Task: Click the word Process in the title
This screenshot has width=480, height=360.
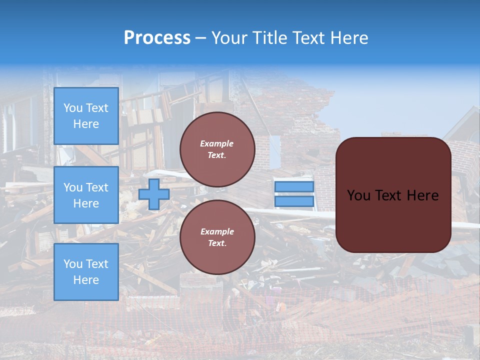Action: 157,38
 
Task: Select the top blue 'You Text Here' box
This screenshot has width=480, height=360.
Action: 86,116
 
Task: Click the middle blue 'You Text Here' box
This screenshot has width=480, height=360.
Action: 86,195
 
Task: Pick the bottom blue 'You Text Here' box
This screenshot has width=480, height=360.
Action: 86,272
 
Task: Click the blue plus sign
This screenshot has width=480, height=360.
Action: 153,194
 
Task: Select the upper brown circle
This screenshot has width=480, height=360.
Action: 217,149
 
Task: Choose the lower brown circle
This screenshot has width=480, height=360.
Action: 217,237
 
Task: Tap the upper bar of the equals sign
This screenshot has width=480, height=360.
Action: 294,187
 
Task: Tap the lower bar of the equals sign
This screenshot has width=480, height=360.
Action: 294,201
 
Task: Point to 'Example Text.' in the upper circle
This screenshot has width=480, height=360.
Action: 217,149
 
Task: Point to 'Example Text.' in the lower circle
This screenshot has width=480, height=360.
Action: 217,237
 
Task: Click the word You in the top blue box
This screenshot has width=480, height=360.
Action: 73,108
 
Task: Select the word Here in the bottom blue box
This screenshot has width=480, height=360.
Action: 86,280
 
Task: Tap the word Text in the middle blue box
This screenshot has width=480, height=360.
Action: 97,187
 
